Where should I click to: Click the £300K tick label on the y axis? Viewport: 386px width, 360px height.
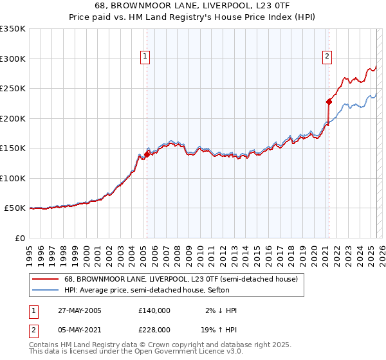point(13,59)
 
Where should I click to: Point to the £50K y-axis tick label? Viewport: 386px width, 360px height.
point(15,208)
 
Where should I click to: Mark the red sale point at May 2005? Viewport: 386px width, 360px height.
point(147,154)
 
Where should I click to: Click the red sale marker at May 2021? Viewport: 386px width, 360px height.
point(329,101)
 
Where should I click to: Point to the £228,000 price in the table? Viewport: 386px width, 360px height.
point(154,329)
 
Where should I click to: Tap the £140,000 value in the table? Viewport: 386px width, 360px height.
point(154,310)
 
